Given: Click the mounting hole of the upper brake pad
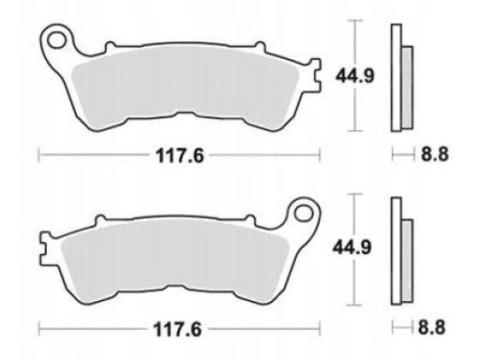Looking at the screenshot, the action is (57, 40).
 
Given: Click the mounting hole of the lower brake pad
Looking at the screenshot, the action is (304, 214).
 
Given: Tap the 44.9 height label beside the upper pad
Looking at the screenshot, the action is (354, 76).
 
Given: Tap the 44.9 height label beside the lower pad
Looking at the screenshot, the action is (352, 247).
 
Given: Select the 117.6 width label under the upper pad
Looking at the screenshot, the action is (180, 156).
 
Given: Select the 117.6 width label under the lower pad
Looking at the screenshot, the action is (177, 329).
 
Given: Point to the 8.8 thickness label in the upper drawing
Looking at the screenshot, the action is (435, 154).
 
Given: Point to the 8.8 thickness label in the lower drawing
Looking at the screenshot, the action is (431, 328).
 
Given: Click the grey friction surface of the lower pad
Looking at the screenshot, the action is (175, 262).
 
